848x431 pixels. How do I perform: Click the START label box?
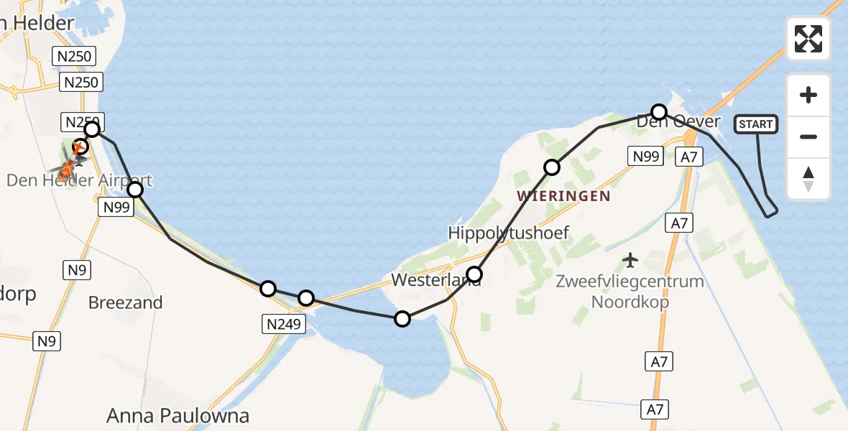[755, 124]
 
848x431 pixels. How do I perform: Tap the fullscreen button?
[808, 39]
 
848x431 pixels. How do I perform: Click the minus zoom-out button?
[808, 136]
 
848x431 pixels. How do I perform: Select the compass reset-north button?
[808, 179]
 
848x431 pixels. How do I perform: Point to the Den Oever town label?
[678, 122]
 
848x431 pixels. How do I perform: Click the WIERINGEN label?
[563, 195]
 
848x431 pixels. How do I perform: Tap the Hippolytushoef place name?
[508, 233]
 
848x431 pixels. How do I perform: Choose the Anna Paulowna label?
[178, 415]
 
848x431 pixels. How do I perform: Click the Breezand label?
[125, 302]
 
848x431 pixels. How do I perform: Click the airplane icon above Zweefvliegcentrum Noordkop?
[630, 259]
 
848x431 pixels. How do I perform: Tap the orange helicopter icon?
[67, 164]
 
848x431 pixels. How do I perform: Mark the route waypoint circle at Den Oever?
[659, 111]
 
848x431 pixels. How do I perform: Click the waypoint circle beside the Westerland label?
[474, 274]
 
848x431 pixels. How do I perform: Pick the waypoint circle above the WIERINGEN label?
[551, 167]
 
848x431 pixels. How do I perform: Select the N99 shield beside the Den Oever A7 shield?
[644, 156]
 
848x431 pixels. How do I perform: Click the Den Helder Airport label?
[79, 180]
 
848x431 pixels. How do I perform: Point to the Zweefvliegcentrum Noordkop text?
[630, 291]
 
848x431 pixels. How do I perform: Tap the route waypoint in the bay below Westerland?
[402, 318]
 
